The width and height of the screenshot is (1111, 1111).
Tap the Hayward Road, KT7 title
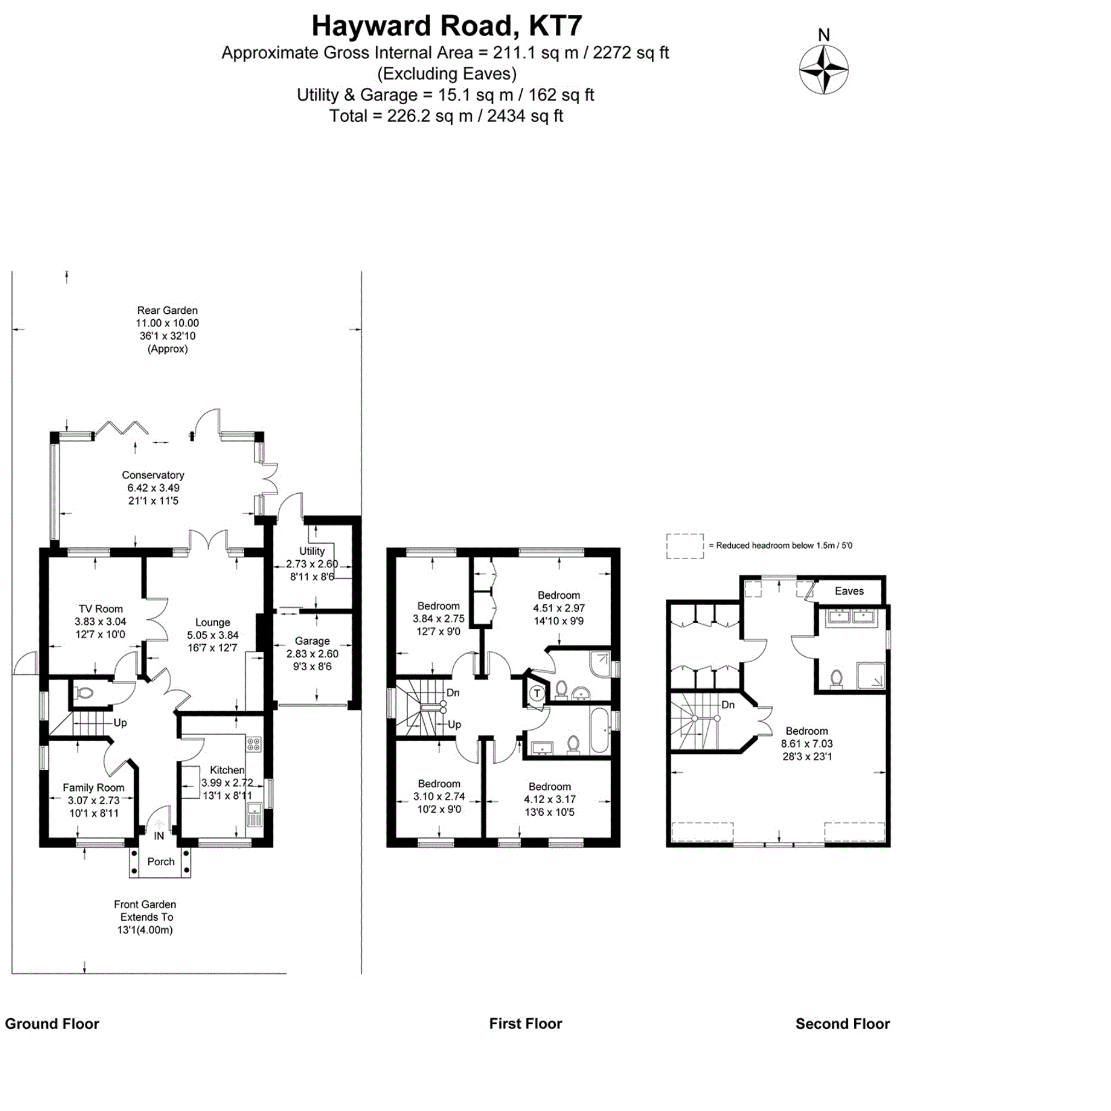click(447, 26)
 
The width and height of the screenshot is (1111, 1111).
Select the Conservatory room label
click(153, 475)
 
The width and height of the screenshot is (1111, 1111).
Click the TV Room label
click(100, 609)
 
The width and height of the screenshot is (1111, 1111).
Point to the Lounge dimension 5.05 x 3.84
click(213, 635)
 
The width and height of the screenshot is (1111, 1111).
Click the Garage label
click(312, 641)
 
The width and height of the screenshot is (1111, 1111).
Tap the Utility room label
click(312, 551)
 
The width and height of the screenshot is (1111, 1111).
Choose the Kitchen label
click(227, 770)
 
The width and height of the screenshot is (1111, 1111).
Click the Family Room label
click(93, 788)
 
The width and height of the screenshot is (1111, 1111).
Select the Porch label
click(161, 861)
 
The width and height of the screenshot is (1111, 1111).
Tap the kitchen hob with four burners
click(253, 744)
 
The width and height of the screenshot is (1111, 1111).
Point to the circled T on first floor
click(537, 693)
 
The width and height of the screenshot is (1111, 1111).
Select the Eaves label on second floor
click(849, 590)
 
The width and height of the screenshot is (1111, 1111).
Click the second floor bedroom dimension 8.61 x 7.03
click(807, 743)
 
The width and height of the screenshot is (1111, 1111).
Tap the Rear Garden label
click(167, 311)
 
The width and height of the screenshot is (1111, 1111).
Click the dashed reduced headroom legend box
click(684, 546)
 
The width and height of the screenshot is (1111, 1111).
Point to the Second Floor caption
click(843, 1024)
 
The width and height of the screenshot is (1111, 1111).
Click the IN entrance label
click(159, 836)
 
